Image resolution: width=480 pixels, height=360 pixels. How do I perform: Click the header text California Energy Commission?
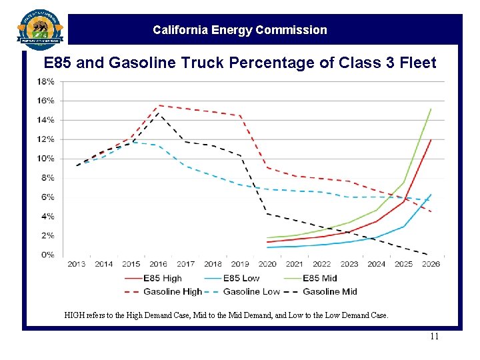[240, 30]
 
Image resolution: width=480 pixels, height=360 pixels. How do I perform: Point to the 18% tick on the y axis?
[46, 81]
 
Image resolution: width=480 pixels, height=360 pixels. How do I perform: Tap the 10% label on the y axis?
[46, 159]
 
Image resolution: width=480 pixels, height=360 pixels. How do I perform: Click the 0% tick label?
[48, 255]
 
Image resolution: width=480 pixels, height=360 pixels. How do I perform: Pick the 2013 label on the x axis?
[77, 264]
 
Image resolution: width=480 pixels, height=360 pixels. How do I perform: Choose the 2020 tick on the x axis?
[267, 264]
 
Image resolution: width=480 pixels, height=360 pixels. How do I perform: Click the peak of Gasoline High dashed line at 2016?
[159, 105]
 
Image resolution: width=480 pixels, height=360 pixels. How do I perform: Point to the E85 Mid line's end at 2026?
[431, 109]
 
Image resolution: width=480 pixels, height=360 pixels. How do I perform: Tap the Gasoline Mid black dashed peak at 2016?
[159, 114]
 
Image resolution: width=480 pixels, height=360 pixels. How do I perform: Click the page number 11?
[434, 337]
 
